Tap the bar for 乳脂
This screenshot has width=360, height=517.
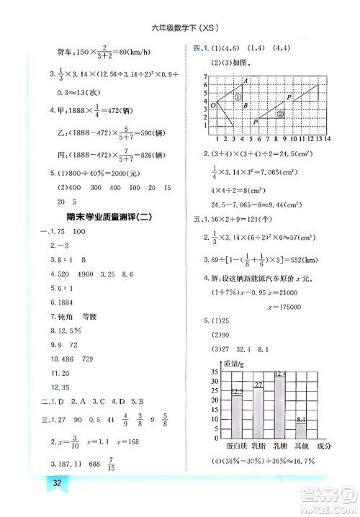(x=258, y=410)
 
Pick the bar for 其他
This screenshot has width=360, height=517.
(x=302, y=430)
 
